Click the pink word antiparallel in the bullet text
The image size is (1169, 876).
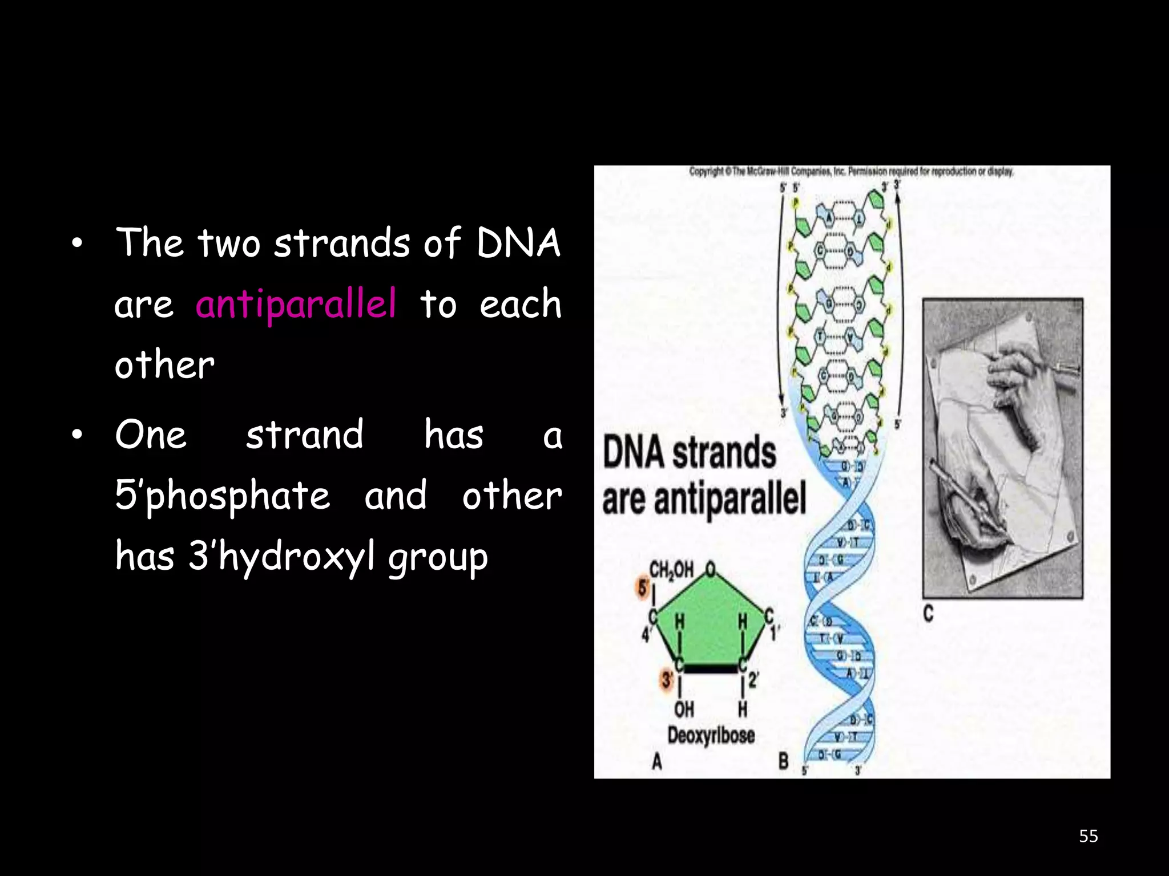296,304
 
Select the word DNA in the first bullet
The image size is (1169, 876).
518,244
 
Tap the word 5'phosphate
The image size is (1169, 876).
223,496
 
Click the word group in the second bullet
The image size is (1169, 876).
438,558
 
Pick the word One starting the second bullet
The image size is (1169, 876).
151,435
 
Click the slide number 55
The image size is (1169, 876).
1088,836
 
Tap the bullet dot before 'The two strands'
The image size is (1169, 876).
78,245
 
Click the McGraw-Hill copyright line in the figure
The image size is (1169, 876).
851,171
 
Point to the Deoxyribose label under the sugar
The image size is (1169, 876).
711,735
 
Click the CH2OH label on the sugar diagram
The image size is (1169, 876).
672,569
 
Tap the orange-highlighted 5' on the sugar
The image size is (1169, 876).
643,588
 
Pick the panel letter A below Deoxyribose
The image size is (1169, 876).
657,761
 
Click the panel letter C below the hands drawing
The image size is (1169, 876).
929,614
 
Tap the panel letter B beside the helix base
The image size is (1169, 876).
784,761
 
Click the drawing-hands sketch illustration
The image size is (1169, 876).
1002,448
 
